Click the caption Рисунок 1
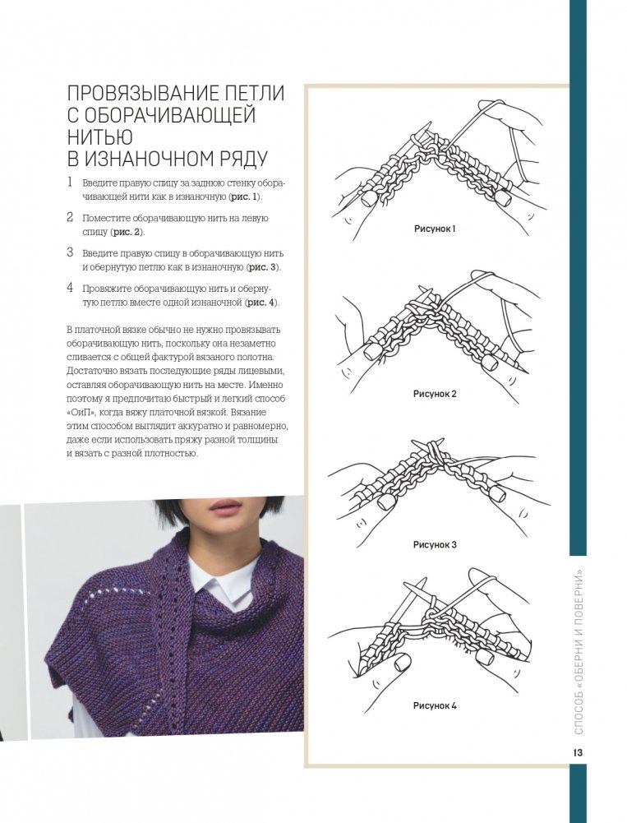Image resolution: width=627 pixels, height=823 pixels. [x=435, y=229]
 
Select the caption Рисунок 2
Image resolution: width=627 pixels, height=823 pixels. [x=435, y=394]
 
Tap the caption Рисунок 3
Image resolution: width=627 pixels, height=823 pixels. [x=435, y=545]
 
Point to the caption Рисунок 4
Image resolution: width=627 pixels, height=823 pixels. [x=435, y=706]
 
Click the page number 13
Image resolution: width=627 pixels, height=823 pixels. [x=578, y=752]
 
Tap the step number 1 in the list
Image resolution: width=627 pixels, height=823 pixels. [x=69, y=183]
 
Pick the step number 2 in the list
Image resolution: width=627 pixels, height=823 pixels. [x=70, y=217]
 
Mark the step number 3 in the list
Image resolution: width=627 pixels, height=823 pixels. [x=70, y=252]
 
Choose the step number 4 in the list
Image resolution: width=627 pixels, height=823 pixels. [x=70, y=288]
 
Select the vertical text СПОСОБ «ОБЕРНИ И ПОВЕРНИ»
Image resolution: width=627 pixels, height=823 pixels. [x=579, y=651]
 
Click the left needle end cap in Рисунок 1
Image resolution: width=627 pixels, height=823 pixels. [x=368, y=197]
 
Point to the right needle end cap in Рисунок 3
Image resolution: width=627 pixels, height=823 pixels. [x=496, y=494]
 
